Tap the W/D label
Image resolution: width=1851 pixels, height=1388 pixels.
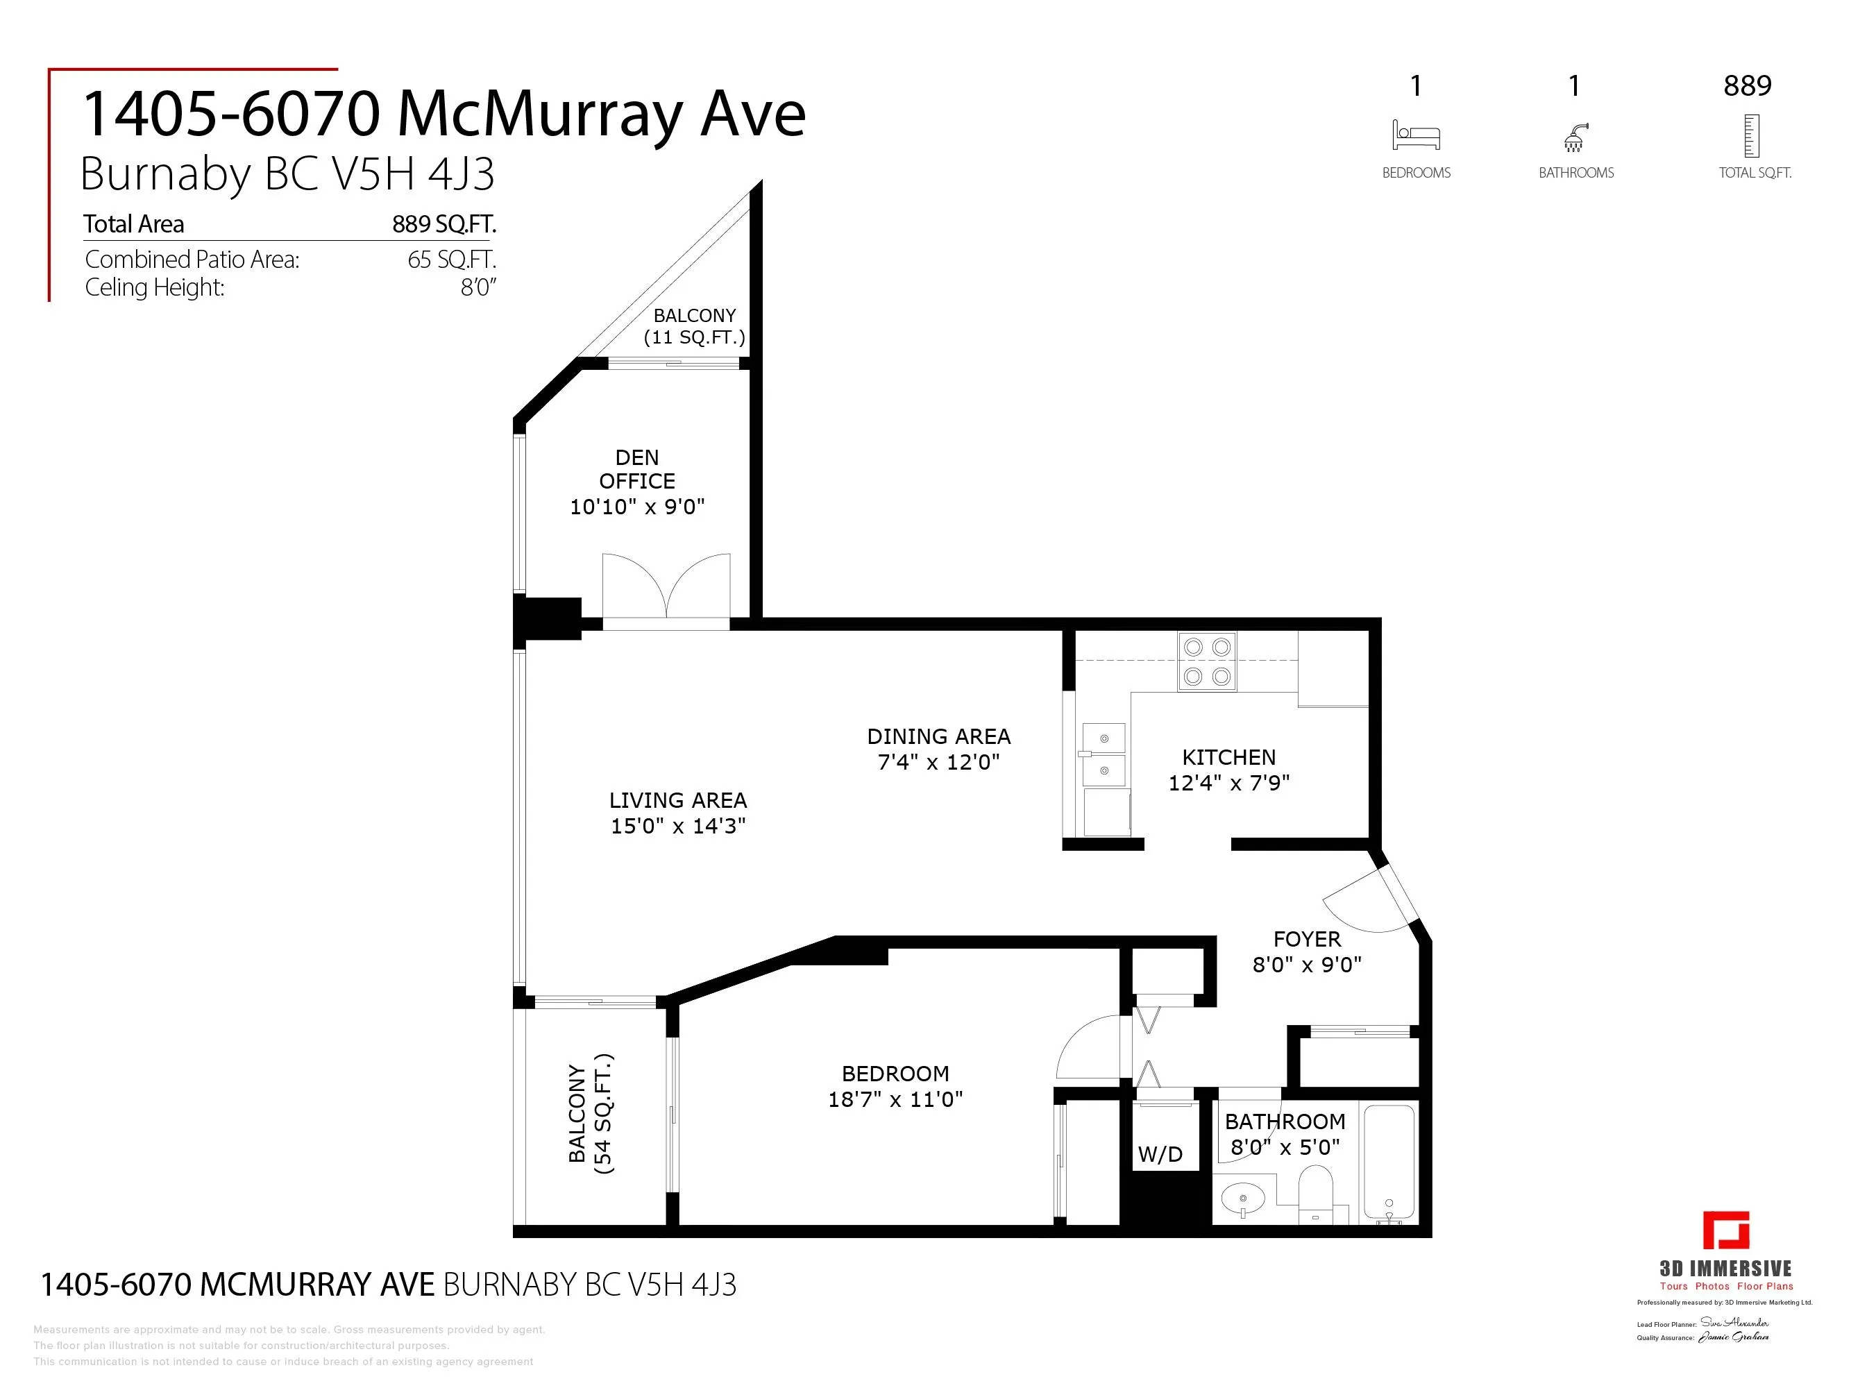pos(1160,1155)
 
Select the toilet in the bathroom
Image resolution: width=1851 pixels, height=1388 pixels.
pos(1315,1193)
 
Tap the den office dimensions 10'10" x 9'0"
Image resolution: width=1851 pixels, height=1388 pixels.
pos(637,507)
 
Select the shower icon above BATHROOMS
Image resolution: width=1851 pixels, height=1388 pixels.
pos(1575,138)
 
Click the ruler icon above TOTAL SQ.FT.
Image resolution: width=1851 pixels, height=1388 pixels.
pos(1750,137)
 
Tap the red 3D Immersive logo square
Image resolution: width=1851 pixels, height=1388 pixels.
pos(1725,1230)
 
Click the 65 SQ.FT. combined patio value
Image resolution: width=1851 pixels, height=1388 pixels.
pos(451,260)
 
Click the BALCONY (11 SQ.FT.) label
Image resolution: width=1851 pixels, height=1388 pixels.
pos(694,326)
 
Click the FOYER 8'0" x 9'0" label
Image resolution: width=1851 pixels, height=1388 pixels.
pos(1306,952)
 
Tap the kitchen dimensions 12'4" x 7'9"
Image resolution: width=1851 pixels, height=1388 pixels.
pos(1228,783)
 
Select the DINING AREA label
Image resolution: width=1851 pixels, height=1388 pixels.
pos(938,736)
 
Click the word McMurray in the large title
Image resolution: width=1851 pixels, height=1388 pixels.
pos(541,114)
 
